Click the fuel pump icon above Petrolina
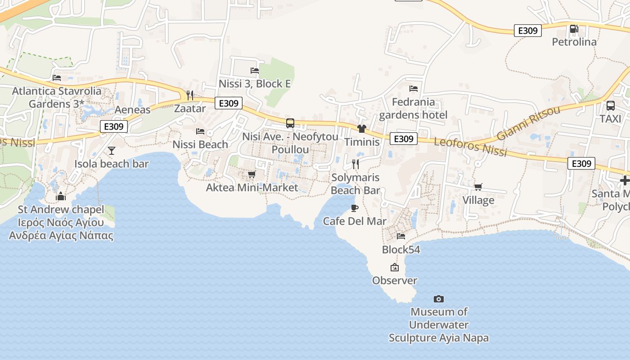pyautogui.click(x=574, y=29)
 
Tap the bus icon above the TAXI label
pyautogui.click(x=610, y=106)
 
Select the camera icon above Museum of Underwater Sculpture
pyautogui.click(x=438, y=299)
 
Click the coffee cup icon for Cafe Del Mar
pyautogui.click(x=355, y=208)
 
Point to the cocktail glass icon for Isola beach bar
pyautogui.click(x=112, y=151)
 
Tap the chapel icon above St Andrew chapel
pyautogui.click(x=60, y=196)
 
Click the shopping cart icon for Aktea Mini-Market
pyautogui.click(x=252, y=174)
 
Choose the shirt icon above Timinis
pyautogui.click(x=362, y=129)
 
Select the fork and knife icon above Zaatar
pyautogui.click(x=189, y=95)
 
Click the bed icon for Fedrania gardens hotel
pyautogui.click(x=413, y=89)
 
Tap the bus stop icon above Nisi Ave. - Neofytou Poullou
pyautogui.click(x=290, y=123)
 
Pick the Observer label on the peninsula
pyautogui.click(x=395, y=280)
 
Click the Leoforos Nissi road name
pyautogui.click(x=471, y=147)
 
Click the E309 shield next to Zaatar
pyautogui.click(x=229, y=103)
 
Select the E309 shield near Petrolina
pyautogui.click(x=527, y=31)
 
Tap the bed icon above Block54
pyautogui.click(x=400, y=236)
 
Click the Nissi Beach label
pyautogui.click(x=200, y=144)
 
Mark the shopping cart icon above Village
pyautogui.click(x=478, y=187)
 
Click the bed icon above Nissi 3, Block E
pyautogui.click(x=254, y=70)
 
